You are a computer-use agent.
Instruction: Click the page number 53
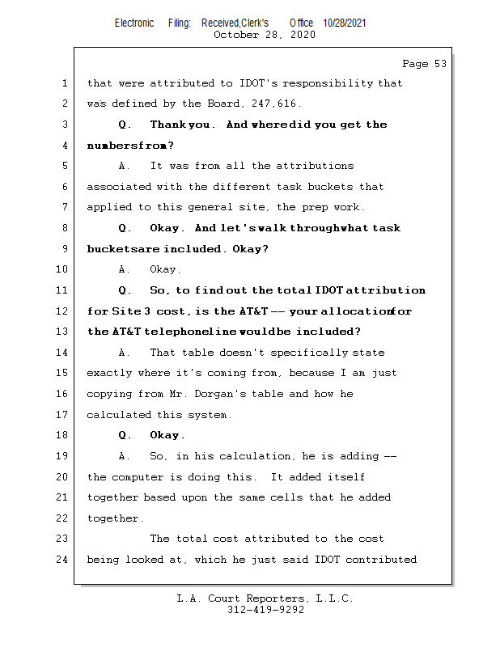click(x=440, y=64)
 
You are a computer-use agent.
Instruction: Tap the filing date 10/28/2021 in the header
click(x=345, y=23)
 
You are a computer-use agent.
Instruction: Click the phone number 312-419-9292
click(x=265, y=610)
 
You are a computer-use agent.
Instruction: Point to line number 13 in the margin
click(x=61, y=332)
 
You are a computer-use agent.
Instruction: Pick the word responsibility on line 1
click(x=328, y=83)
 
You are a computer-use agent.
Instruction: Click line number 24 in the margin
click(x=61, y=560)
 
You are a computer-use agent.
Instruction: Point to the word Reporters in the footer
click(x=276, y=598)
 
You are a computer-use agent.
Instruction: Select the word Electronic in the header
click(x=134, y=23)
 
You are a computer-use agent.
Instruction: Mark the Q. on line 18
click(x=125, y=435)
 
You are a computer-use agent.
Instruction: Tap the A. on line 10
click(x=125, y=269)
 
